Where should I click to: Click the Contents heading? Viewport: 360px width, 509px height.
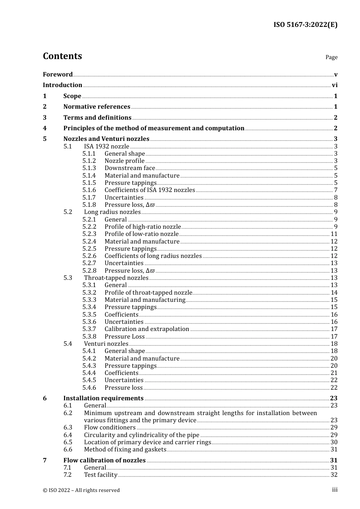click(x=62, y=56)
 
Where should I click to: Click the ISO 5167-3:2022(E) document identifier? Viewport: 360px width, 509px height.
click(x=305, y=25)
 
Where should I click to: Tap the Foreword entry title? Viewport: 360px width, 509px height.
click(x=58, y=74)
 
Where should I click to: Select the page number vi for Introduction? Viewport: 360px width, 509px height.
click(x=334, y=85)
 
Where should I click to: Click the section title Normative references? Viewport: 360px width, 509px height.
click(x=97, y=107)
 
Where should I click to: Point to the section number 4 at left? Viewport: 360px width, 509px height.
click(x=45, y=128)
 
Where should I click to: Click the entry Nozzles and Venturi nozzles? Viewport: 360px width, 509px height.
click(x=106, y=139)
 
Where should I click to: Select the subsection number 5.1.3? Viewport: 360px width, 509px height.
click(x=89, y=168)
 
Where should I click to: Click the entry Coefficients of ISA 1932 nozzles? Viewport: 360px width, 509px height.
click(x=150, y=190)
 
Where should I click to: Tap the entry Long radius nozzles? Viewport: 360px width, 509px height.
click(x=112, y=212)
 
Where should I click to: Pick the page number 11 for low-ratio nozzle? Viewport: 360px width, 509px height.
click(x=334, y=234)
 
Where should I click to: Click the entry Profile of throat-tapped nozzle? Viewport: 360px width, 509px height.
click(x=149, y=293)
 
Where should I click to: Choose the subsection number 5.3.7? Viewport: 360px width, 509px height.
click(x=89, y=329)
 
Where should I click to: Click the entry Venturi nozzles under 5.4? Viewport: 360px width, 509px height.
click(x=106, y=344)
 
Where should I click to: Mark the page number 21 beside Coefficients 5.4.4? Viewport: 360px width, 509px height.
click(x=334, y=373)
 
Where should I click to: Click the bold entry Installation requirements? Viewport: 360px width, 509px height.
click(x=103, y=398)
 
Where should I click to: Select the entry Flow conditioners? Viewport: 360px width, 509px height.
click(x=110, y=428)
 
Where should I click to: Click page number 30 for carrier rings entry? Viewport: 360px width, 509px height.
click(x=334, y=442)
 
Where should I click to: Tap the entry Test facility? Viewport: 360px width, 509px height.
click(x=100, y=475)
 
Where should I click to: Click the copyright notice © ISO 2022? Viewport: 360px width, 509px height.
click(x=81, y=490)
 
